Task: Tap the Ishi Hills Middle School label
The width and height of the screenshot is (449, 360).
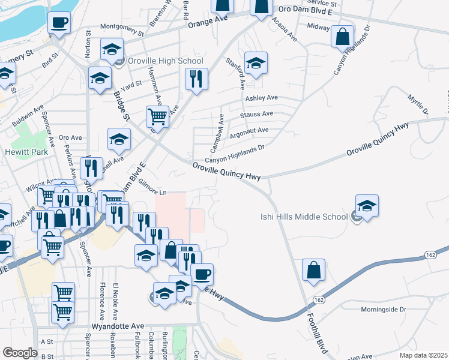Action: (303, 217)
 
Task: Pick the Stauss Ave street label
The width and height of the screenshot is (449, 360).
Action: (256, 114)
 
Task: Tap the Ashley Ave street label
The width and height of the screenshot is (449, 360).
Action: (261, 97)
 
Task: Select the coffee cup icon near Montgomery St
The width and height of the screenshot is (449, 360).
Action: (59, 23)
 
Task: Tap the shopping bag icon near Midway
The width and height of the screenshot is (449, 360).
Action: (342, 36)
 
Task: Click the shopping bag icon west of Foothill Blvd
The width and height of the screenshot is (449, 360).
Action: (313, 271)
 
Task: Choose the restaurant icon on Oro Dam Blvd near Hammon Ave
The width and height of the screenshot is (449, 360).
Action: (196, 79)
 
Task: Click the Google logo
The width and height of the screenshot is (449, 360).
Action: (20, 353)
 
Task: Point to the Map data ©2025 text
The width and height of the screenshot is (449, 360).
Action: (423, 355)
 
